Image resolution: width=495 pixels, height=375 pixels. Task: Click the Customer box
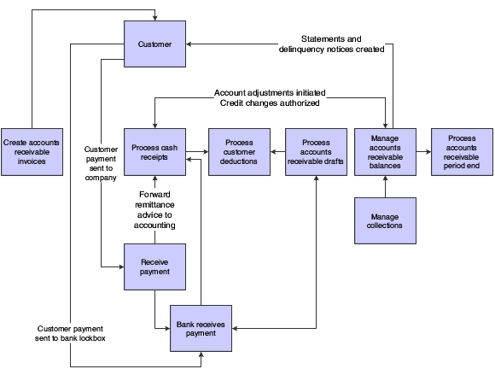(x=154, y=44)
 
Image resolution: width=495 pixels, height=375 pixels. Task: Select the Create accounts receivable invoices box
(x=32, y=152)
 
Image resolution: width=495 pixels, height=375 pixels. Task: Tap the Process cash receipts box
(x=154, y=152)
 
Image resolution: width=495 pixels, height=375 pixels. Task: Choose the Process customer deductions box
(x=239, y=152)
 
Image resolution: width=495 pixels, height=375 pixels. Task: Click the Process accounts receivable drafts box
(x=316, y=152)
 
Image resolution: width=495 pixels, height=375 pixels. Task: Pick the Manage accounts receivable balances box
(x=385, y=152)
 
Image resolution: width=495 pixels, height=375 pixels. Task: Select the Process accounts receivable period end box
(x=462, y=152)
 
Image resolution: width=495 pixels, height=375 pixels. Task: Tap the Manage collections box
(x=385, y=221)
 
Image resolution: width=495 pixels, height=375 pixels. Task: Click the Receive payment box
(x=154, y=267)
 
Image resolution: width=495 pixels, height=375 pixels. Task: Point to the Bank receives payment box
(x=201, y=329)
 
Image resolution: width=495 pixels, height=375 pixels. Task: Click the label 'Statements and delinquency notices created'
(x=331, y=44)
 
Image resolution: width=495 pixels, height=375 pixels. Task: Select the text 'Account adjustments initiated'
(x=270, y=93)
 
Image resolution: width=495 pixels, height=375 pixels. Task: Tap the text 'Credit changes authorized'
(x=270, y=103)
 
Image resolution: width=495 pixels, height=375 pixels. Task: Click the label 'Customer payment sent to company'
(x=101, y=163)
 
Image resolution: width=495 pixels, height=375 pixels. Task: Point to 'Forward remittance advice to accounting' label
(x=154, y=210)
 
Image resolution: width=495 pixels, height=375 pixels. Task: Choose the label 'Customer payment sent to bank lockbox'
(x=70, y=333)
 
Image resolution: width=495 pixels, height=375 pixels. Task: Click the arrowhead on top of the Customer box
(x=154, y=18)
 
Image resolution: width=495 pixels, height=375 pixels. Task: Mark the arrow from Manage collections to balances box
(x=385, y=187)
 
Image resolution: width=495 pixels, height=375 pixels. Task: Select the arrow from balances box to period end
(x=423, y=152)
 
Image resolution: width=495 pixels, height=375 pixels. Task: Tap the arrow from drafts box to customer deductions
(x=278, y=152)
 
